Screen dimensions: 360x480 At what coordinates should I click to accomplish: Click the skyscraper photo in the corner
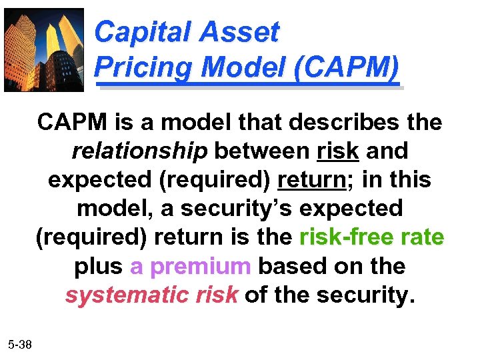[x=44, y=49]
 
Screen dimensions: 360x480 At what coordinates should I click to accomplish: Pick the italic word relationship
[x=139, y=151]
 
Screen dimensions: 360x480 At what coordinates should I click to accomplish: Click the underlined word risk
[x=339, y=151]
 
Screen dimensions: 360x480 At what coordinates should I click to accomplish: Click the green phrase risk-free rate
[x=372, y=237]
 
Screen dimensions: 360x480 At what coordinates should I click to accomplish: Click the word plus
[x=98, y=266]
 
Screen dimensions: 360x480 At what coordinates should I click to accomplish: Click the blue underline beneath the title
[x=249, y=85]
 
